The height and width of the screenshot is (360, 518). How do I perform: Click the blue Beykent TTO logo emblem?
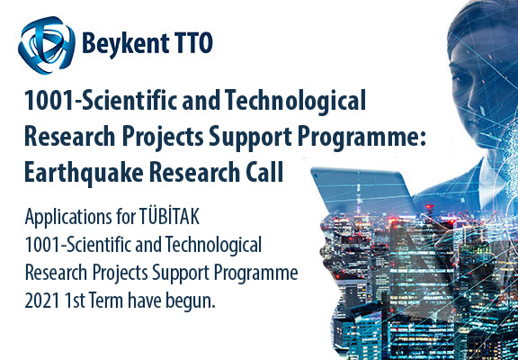47,45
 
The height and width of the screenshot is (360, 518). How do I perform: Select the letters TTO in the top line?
191,43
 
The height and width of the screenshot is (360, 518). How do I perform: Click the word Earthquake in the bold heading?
84,172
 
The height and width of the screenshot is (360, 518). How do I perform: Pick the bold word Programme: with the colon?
362,137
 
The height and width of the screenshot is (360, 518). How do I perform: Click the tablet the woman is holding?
363,191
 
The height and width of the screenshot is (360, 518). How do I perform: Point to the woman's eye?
460,79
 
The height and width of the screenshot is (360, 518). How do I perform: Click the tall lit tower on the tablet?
358,198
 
